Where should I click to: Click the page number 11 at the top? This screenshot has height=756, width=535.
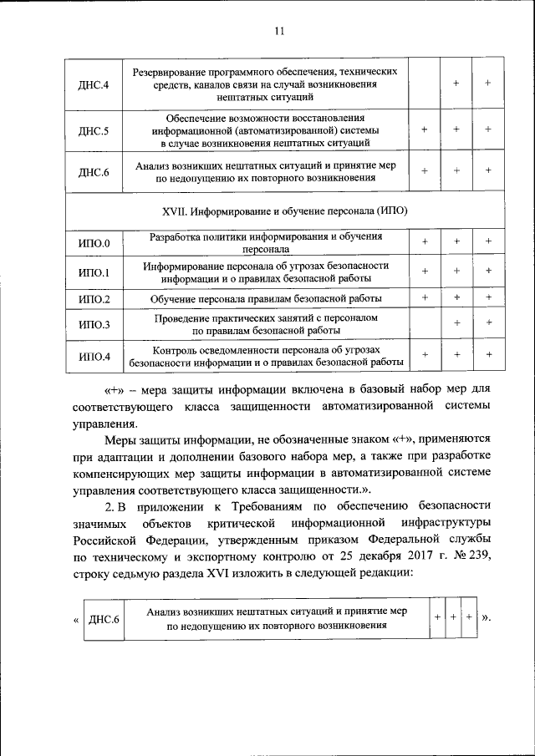click(x=279, y=32)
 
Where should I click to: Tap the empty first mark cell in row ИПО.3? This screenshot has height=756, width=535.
click(x=425, y=324)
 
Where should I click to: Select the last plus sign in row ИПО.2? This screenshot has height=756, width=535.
click(x=488, y=297)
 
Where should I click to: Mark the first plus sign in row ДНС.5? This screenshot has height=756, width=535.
click(x=425, y=130)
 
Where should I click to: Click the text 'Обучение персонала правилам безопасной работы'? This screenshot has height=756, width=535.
click(x=267, y=298)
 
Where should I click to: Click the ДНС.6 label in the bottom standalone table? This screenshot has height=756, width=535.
click(x=104, y=619)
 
